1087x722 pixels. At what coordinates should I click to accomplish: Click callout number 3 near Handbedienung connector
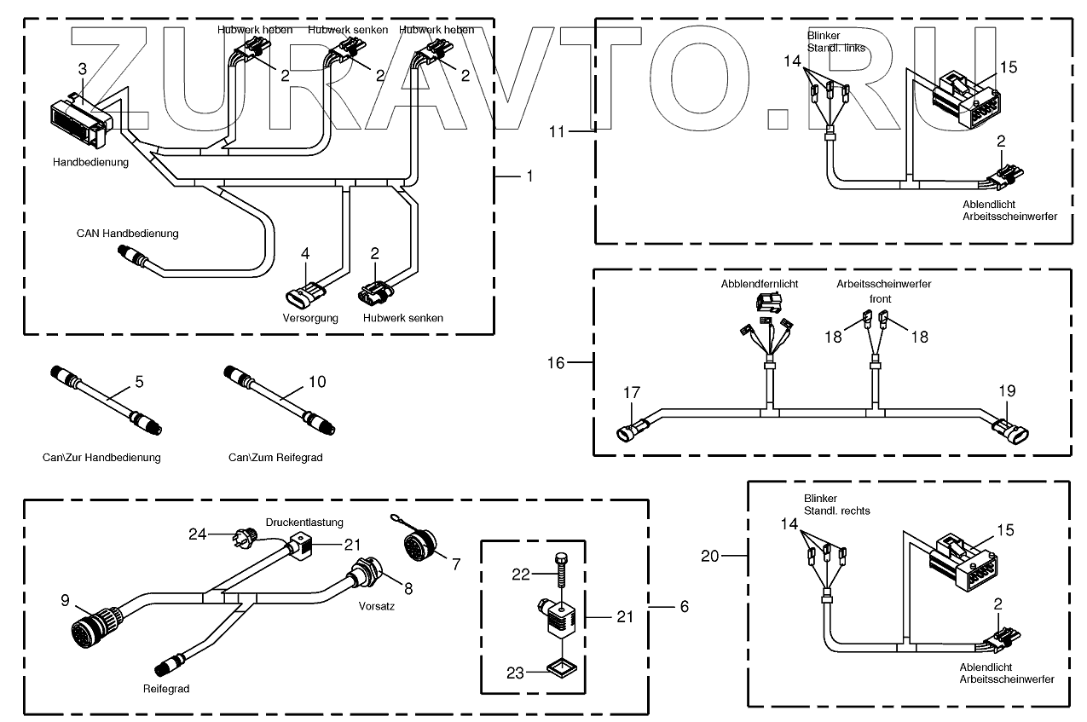[82, 67]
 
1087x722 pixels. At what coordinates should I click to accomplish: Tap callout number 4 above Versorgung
[305, 253]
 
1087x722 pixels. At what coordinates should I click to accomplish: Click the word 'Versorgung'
[310, 318]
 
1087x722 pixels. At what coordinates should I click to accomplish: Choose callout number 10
[316, 382]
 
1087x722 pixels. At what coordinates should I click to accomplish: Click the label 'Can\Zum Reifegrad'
[275, 458]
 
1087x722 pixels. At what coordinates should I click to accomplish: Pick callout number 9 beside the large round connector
[64, 599]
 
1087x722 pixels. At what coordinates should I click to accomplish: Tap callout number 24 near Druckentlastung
[197, 534]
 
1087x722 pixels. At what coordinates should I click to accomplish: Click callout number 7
[456, 563]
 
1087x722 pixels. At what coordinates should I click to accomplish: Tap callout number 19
[1008, 390]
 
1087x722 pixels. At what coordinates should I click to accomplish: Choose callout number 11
[557, 132]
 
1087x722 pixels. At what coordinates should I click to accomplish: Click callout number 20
[709, 556]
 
